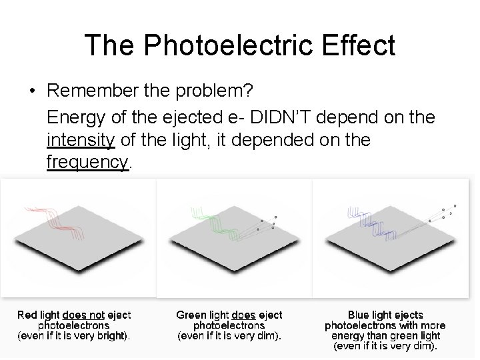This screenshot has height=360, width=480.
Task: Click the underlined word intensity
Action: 81,140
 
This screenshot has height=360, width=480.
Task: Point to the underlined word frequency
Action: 87,163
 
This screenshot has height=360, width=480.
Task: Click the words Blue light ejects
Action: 385,315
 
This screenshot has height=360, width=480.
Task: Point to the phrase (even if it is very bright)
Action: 73,336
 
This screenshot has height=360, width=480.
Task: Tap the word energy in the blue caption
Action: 348,336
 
